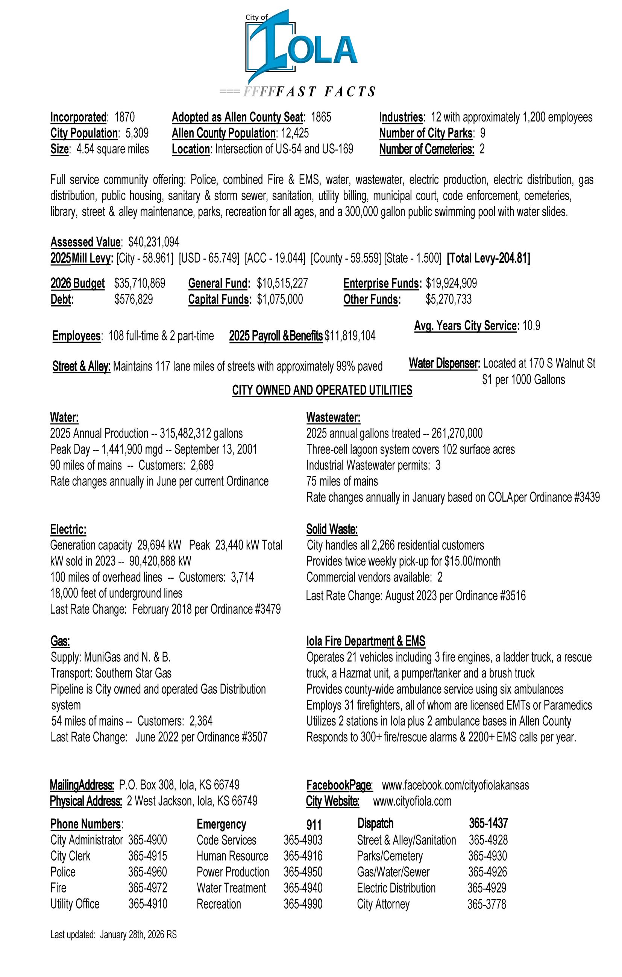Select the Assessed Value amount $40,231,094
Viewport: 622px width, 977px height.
tap(154, 242)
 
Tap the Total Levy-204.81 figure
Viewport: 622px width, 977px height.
tap(488, 258)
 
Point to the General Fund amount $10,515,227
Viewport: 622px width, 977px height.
tap(282, 283)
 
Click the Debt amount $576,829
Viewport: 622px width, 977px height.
tap(134, 299)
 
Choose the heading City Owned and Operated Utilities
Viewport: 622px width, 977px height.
tap(322, 390)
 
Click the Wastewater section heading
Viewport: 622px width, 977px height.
tap(333, 417)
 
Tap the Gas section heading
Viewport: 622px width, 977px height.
tap(60, 641)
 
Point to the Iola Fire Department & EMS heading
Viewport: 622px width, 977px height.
tap(366, 641)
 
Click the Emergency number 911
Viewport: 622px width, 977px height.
tap(314, 825)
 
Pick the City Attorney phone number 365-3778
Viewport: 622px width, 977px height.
tap(487, 904)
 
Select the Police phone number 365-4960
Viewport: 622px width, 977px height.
tap(147, 872)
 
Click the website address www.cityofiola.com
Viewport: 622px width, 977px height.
tap(412, 801)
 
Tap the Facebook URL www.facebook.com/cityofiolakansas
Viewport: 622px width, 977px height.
tap(455, 785)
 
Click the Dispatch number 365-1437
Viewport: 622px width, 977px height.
tap(488, 823)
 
